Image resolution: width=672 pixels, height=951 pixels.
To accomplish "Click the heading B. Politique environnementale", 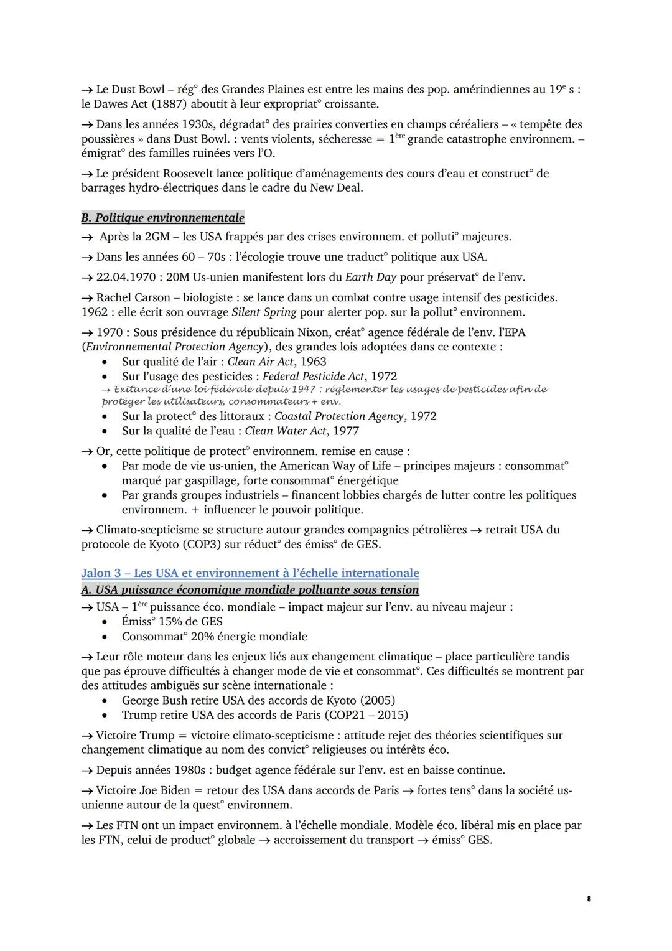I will pyautogui.click(x=162, y=217).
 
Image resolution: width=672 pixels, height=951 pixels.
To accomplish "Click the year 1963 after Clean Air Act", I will pyautogui.click(x=313, y=362).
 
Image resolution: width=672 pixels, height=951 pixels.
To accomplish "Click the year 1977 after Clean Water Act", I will pyautogui.click(x=345, y=431).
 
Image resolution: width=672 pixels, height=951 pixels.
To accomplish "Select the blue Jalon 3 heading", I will pyautogui.click(x=250, y=573).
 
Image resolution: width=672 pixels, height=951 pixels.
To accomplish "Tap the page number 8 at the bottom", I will pyautogui.click(x=589, y=899).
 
